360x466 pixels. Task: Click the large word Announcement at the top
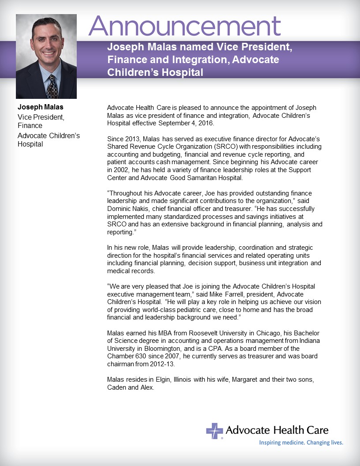184,27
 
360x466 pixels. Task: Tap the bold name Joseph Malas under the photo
41,107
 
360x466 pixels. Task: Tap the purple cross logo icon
214,431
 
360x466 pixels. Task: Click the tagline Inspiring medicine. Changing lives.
301,442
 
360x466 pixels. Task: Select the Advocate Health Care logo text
277,430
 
